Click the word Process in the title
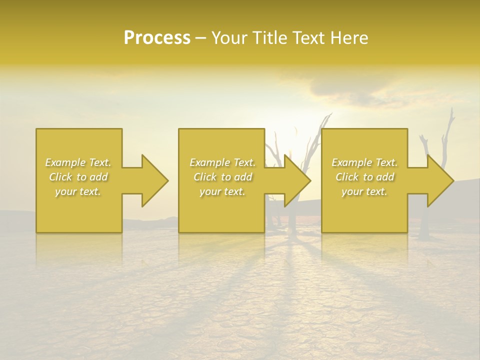pos(157,38)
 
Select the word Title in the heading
pos(269,38)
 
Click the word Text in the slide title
pos(308,38)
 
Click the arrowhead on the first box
pos(153,180)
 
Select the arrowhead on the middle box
pos(296,180)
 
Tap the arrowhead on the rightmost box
pos(439,180)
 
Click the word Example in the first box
pos(65,162)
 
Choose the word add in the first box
pos(98,177)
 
